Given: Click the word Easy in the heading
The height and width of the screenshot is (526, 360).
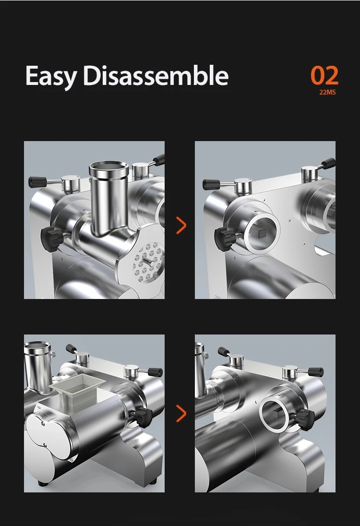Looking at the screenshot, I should click(x=51, y=76).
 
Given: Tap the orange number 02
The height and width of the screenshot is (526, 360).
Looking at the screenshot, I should click(x=324, y=76).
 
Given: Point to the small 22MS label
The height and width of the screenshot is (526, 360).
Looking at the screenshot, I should click(x=327, y=92).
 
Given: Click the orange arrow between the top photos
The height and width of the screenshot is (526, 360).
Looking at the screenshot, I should click(x=181, y=225).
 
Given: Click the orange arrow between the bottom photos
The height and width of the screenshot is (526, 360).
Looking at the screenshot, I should click(x=181, y=413).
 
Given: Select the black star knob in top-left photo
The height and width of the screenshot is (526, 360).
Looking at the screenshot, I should click(x=49, y=236).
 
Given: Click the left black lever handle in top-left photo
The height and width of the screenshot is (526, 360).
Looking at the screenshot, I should click(x=37, y=181).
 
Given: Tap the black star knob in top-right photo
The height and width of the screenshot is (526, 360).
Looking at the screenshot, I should click(x=224, y=236).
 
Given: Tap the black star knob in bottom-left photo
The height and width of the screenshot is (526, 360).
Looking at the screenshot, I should click(x=143, y=417).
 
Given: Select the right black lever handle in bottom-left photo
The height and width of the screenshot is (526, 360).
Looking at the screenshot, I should click(x=155, y=372).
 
